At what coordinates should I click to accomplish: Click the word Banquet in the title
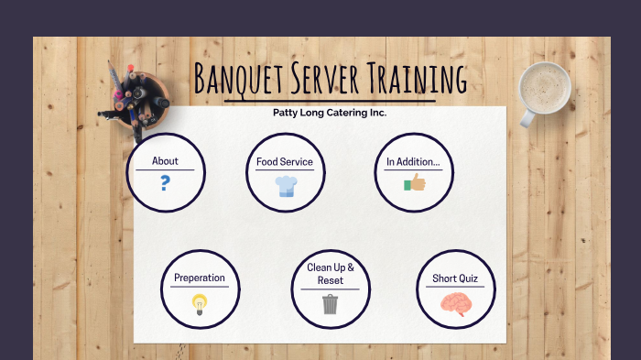[x=239, y=80]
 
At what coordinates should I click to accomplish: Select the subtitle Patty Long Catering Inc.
[x=330, y=113]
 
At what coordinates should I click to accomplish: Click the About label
[x=165, y=161]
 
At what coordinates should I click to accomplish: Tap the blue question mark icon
[x=165, y=182]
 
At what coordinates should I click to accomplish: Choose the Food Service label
[x=285, y=162]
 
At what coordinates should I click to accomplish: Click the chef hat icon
[x=286, y=186]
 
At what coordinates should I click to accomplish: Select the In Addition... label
[x=413, y=162]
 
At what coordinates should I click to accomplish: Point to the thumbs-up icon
[x=415, y=183]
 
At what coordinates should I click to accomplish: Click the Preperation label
[x=200, y=278]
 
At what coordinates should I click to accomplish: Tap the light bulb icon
[x=199, y=304]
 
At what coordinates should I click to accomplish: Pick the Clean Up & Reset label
[x=331, y=274]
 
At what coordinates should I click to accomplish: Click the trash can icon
[x=330, y=304]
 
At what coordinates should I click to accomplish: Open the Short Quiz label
[x=455, y=278]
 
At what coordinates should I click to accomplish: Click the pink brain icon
[x=455, y=304]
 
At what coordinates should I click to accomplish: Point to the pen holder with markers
[x=135, y=98]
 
